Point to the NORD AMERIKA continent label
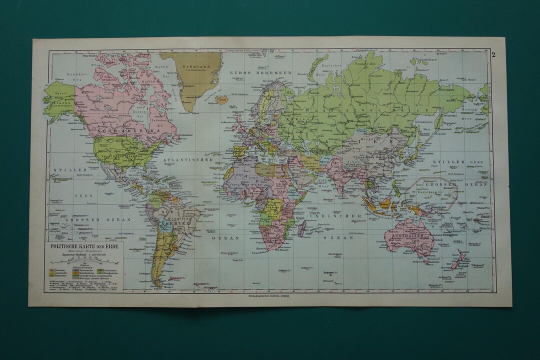(x=129, y=130)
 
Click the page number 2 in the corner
(x=493, y=54)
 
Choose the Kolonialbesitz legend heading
(x=83, y=266)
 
